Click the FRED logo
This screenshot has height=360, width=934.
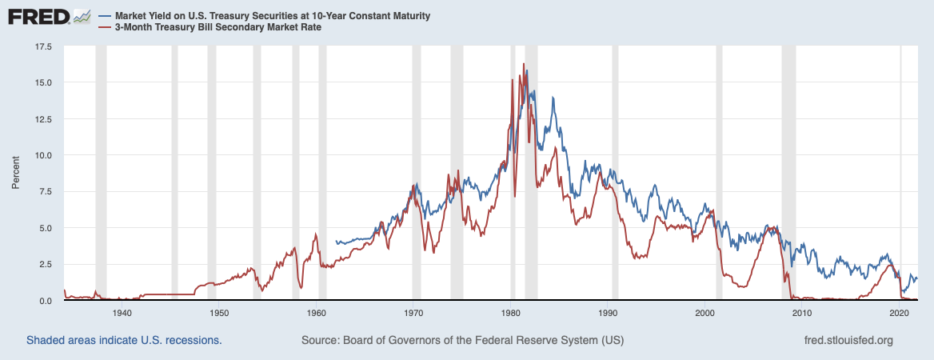(39, 16)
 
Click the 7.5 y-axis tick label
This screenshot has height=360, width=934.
(46, 192)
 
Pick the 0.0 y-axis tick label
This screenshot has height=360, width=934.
(46, 301)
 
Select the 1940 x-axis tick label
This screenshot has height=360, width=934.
(122, 314)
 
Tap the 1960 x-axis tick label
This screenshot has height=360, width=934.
(317, 314)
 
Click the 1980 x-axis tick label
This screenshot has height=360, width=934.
(512, 314)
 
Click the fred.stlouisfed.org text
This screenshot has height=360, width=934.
(847, 340)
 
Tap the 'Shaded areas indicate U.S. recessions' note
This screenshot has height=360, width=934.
(124, 340)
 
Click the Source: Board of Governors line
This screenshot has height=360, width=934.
(462, 340)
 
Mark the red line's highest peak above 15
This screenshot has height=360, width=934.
(523, 64)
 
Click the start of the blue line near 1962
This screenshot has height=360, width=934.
(336, 242)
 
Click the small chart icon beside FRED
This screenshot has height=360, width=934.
(81, 16)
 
